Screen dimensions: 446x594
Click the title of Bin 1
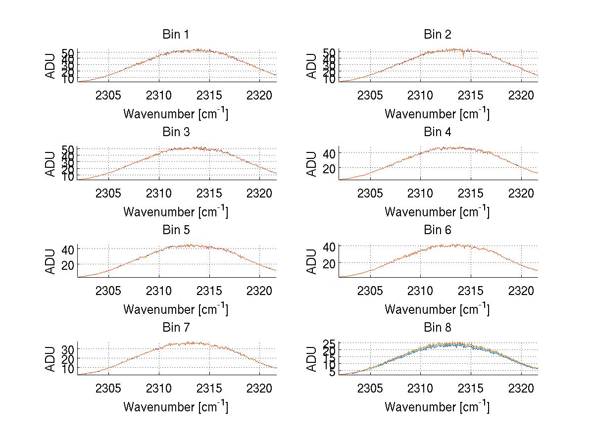(x=175, y=35)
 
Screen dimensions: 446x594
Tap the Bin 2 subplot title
(x=437, y=35)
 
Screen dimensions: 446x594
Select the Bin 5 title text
(x=175, y=230)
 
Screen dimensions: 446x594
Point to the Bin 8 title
(x=437, y=328)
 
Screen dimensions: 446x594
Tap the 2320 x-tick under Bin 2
(x=521, y=96)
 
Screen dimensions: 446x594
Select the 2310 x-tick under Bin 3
(x=159, y=193)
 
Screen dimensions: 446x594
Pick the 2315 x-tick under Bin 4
(x=471, y=193)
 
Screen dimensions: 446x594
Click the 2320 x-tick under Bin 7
(x=260, y=389)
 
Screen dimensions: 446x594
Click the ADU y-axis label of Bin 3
(x=51, y=163)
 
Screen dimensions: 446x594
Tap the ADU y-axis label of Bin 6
(x=312, y=261)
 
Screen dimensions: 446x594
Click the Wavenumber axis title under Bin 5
(x=176, y=309)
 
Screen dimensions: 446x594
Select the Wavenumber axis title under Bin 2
(x=437, y=114)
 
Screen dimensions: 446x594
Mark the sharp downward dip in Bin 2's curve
(x=463, y=56)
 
